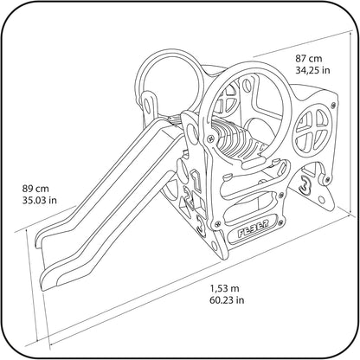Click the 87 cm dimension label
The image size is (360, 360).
tap(308, 58)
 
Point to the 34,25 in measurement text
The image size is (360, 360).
tap(312, 70)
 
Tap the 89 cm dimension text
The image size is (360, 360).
tap(35, 189)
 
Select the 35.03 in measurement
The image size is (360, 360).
tap(40, 200)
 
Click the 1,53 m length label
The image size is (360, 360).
tap(224, 288)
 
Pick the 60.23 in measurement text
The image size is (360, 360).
tap(227, 300)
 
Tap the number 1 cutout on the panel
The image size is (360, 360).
tap(196, 180)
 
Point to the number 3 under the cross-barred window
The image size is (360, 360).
tap(305, 184)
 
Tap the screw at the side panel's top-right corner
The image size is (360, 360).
tap(334, 105)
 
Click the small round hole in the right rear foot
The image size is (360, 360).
tap(321, 199)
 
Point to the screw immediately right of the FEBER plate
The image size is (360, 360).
tap(280, 222)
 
